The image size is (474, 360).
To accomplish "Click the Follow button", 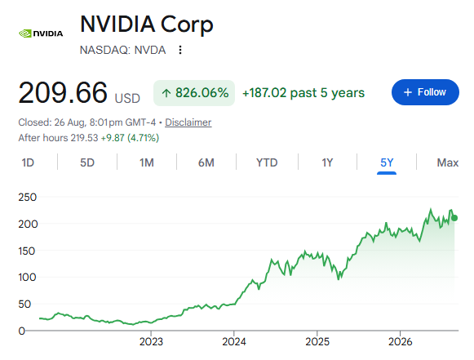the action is pos(425,92).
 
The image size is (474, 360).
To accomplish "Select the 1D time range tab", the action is pos(28,162).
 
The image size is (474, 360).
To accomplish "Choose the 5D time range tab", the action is pos(87,162).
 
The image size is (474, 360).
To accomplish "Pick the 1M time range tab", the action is pos(147,162).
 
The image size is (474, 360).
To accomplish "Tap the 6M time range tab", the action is pos(206,162).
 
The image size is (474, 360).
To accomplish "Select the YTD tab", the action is pos(267,162).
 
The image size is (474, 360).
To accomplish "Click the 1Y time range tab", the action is pos(327,162).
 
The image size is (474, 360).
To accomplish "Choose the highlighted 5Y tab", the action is pos(387,162).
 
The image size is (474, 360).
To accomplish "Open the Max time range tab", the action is pos(448,162).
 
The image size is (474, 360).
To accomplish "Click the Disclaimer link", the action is pos(188,122).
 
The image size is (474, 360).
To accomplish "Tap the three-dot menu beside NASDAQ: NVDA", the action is pos(180,50).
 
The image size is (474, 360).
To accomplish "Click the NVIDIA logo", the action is pos(41,33).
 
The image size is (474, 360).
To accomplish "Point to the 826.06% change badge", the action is pos(194,93).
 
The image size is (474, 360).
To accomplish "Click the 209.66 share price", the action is pos(63,92).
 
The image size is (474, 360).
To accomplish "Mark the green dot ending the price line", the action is pos(454,218).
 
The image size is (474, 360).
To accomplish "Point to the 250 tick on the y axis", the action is pos(28,198).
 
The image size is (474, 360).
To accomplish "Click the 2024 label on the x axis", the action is pos(234,341).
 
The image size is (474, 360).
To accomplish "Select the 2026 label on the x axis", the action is pos(401,341).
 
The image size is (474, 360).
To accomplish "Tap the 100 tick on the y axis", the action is pos(27,277).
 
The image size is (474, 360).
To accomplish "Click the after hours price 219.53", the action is pos(84,138).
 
